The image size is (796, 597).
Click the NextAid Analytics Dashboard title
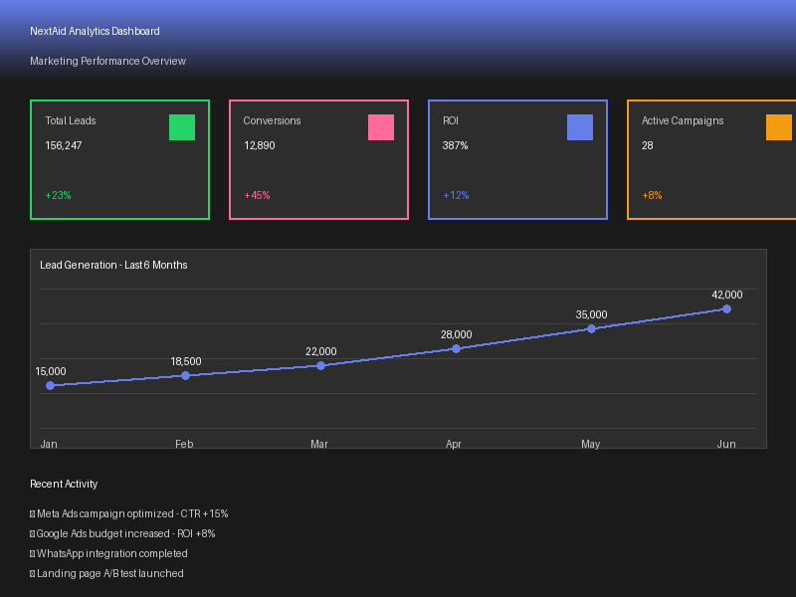(x=95, y=32)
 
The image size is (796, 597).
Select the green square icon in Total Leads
(x=182, y=127)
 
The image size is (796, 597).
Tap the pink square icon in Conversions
(x=381, y=127)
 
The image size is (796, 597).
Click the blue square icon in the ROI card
(x=580, y=127)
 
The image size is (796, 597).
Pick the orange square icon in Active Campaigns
(x=779, y=127)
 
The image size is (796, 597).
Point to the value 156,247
(x=64, y=145)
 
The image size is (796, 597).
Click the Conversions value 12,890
(x=260, y=145)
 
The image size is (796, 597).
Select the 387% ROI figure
(x=456, y=145)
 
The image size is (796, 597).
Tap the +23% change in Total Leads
(x=58, y=195)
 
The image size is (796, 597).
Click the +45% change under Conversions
(x=257, y=195)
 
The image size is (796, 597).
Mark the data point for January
(x=50, y=385)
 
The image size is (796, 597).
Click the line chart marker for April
(x=456, y=349)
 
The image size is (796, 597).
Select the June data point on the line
(x=726, y=309)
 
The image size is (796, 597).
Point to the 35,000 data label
(x=591, y=314)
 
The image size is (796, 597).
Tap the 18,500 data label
(x=185, y=361)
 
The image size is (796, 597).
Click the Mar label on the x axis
(x=319, y=444)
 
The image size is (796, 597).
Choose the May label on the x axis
(x=591, y=444)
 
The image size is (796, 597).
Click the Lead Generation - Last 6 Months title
(x=113, y=265)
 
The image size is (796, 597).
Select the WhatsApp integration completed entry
(x=111, y=553)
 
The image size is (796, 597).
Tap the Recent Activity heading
(x=64, y=484)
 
